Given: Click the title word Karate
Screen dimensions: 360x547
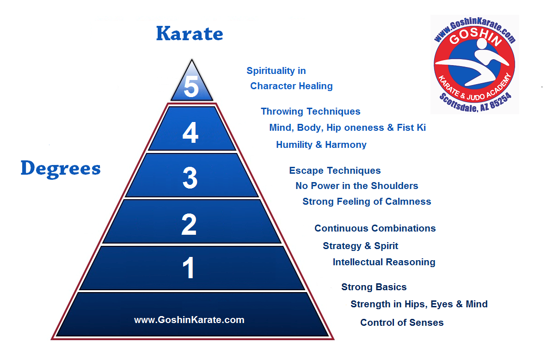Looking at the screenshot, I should point(190,34).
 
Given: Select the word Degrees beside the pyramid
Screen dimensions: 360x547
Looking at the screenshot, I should point(61,169).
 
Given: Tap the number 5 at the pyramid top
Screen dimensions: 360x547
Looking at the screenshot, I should point(191,87).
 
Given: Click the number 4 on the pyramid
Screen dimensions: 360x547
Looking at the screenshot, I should point(191,133).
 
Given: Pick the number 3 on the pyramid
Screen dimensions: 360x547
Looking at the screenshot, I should point(190,178).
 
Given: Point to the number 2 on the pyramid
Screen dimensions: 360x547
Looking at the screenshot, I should point(189,224).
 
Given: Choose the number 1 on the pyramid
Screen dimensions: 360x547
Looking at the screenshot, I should point(188,268).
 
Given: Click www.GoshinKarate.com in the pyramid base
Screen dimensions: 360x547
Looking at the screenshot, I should point(189,320).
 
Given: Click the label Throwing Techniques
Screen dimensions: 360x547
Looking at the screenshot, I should point(310,111).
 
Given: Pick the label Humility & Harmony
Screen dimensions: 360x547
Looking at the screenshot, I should point(321,145).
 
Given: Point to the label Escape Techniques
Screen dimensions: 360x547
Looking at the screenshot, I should point(335,171).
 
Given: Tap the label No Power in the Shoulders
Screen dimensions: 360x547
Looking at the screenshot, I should point(356,186).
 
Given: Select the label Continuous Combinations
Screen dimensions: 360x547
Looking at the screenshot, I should point(375,228).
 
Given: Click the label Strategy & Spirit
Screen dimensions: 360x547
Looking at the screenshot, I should point(360,246).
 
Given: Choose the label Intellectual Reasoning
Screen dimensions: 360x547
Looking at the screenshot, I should point(384,262).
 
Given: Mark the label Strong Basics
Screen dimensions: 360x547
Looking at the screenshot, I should point(374,287).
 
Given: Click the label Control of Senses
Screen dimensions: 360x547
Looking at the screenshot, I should point(402,323).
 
